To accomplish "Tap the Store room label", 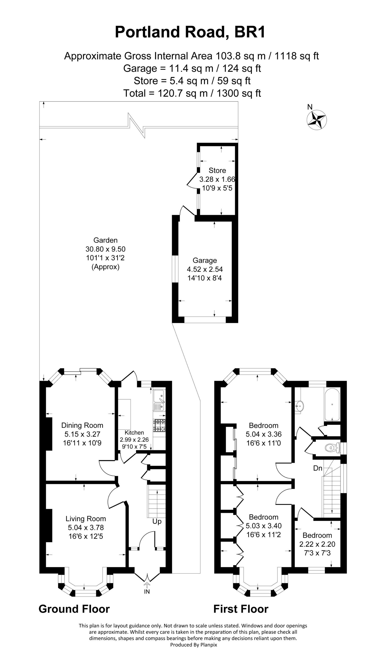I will [x=217, y=170].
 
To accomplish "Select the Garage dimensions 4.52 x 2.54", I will [x=205, y=269].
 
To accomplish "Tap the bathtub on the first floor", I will [x=332, y=405].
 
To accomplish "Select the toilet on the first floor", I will [x=332, y=448].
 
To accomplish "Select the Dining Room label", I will [x=82, y=425].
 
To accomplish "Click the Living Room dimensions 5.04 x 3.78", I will [x=86, y=527].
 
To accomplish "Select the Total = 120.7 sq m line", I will [x=192, y=93].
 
